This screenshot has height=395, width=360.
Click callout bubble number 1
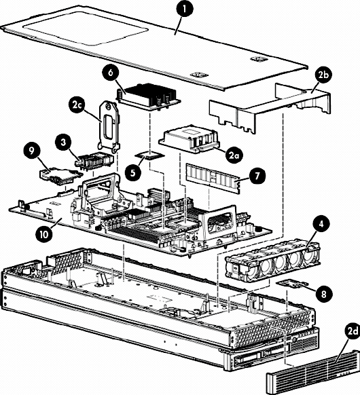tap(185, 8)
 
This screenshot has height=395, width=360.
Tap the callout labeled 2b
tap(323, 75)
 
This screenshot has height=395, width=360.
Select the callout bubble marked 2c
tap(77, 106)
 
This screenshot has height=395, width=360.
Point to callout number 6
tap(111, 72)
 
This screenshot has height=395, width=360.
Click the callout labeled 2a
tap(234, 155)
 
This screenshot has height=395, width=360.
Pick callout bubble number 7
tap(257, 176)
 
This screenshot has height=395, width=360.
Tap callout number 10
tap(43, 234)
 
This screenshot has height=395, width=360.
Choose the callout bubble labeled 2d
tap(352, 331)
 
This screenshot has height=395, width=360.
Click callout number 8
tap(323, 293)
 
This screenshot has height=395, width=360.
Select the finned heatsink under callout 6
tap(148, 97)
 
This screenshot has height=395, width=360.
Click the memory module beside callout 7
tap(213, 178)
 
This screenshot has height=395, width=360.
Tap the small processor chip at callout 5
tap(149, 155)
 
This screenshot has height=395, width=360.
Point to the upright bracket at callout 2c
tap(109, 126)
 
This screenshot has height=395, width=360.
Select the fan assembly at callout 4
tap(272, 261)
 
